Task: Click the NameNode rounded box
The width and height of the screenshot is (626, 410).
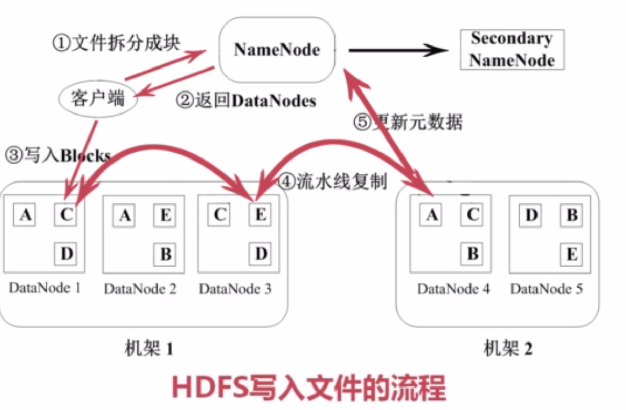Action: point(277,50)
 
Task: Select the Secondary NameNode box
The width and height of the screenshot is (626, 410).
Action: point(512,50)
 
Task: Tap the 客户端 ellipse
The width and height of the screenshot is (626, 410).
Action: point(98,99)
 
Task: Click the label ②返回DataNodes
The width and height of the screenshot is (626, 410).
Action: point(245,101)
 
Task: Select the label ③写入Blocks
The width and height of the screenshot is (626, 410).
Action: point(57,155)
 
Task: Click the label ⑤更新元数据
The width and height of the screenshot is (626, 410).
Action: point(408,123)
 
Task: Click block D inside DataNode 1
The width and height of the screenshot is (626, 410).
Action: point(66,254)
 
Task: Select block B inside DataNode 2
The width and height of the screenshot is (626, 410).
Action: point(165,254)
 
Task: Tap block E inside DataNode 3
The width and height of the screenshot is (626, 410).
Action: point(260,215)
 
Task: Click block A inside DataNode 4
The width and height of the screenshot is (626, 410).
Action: point(431,215)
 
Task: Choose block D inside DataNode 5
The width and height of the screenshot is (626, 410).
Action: point(531,215)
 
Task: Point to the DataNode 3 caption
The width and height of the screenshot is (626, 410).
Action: point(235,289)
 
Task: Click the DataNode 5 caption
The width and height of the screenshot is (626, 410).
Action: point(546,289)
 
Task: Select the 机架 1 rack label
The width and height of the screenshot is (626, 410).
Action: point(149,349)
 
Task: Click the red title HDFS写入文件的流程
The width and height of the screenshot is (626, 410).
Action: point(308,388)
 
